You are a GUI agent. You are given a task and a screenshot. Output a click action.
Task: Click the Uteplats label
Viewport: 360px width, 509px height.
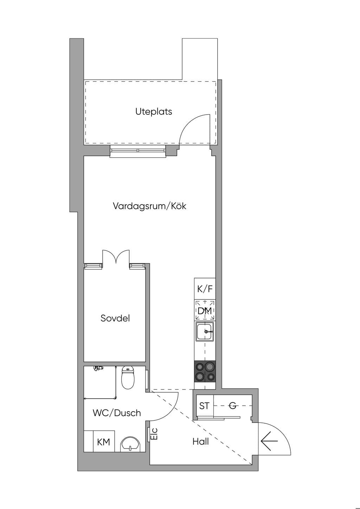(x=154, y=111)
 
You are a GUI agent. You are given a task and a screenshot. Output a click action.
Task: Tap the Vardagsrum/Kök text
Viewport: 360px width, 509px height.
(x=149, y=206)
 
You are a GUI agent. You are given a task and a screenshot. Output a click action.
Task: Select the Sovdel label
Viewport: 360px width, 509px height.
(x=115, y=318)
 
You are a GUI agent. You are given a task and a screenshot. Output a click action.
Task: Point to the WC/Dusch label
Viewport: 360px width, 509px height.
(x=117, y=413)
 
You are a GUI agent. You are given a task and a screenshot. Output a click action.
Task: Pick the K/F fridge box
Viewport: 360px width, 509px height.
(x=205, y=289)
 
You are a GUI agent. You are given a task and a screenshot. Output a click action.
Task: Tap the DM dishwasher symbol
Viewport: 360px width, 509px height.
(x=205, y=310)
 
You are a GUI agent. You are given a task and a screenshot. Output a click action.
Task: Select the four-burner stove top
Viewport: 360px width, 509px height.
(x=205, y=372)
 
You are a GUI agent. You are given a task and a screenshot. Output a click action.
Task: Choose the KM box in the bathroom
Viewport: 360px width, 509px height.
(x=104, y=441)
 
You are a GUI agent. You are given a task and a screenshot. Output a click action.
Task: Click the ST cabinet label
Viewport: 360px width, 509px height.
(x=204, y=406)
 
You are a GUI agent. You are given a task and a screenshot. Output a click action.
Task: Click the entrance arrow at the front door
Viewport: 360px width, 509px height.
(x=269, y=441)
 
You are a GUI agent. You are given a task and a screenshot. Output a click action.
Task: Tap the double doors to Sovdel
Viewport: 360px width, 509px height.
(x=116, y=257)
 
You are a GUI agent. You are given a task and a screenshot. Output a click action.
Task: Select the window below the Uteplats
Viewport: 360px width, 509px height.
(x=138, y=152)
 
